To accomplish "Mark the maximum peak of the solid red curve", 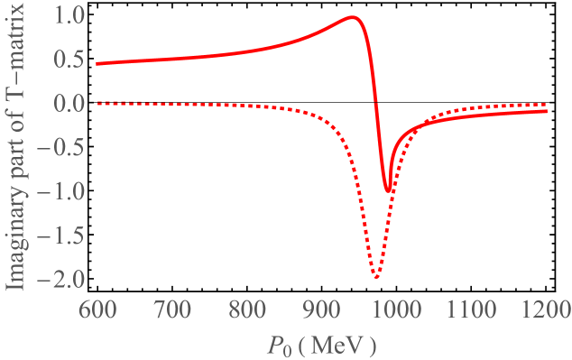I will pos(352,17).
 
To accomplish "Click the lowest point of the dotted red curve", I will pos(375,276).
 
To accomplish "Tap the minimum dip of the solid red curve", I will pos(388,190).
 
